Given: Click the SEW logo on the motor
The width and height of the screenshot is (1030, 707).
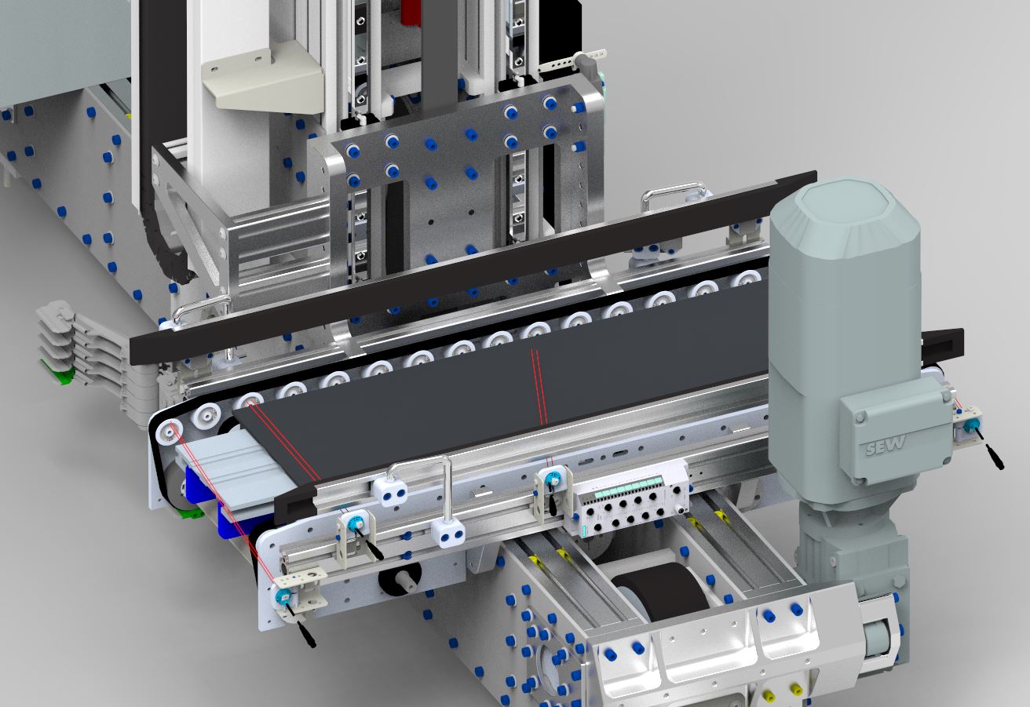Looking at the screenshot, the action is (x=886, y=445).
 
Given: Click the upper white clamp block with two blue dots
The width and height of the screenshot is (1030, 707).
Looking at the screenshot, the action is (x=390, y=491).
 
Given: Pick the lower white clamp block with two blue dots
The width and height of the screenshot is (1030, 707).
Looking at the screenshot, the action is (x=448, y=533).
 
